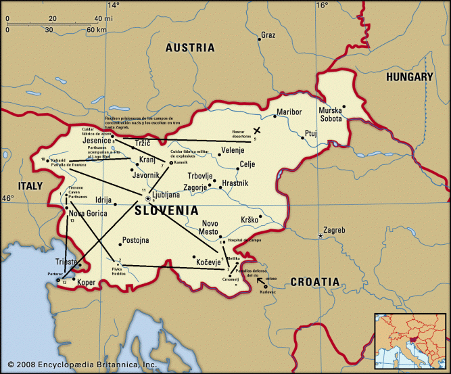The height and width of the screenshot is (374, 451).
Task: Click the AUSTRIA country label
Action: (x=191, y=48)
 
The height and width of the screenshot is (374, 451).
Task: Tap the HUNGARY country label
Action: (x=408, y=77)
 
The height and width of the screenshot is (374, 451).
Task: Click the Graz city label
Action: (x=268, y=34)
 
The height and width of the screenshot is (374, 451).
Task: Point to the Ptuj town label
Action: (x=310, y=134)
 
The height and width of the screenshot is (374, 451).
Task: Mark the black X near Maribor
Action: (x=256, y=131)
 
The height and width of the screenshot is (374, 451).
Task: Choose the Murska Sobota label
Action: (x=331, y=114)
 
